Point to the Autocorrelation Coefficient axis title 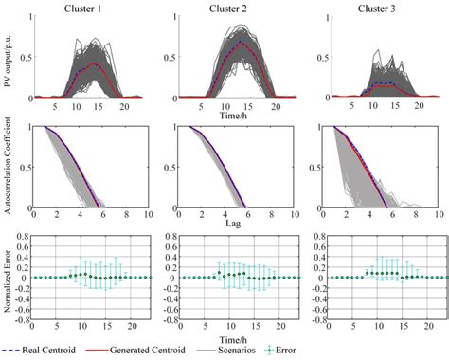click(9, 167)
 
